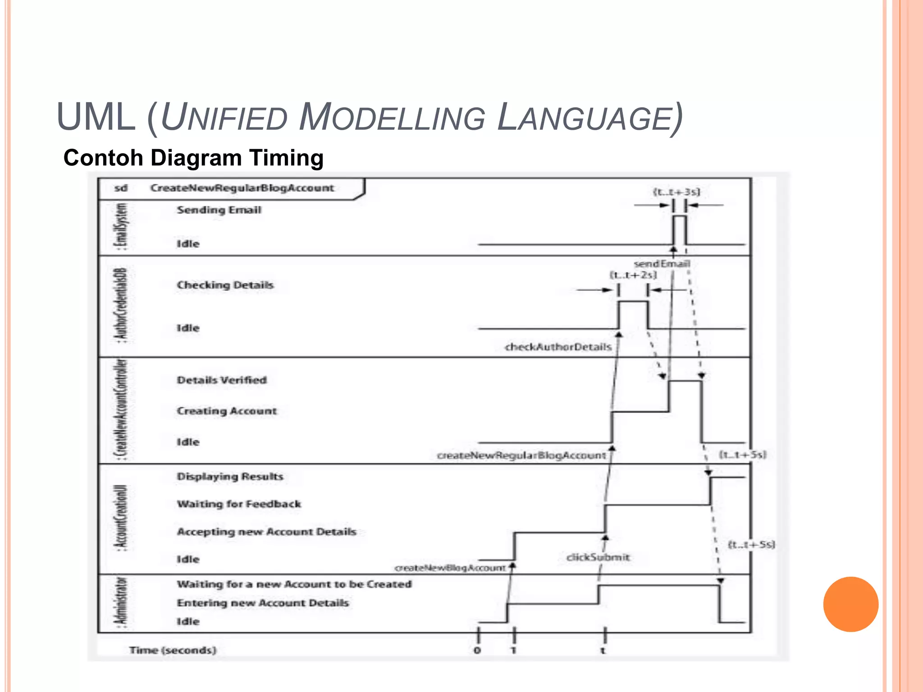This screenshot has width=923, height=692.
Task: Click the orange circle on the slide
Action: point(850,604)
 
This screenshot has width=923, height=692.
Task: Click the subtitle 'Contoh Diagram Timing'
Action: point(193,158)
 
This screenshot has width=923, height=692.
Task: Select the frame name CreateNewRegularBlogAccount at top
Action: point(242,188)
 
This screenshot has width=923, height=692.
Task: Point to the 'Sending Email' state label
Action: point(219,210)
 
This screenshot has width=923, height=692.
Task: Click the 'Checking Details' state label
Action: point(225,285)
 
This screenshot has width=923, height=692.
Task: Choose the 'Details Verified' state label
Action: point(222,380)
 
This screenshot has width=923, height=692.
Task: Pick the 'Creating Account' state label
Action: point(227,411)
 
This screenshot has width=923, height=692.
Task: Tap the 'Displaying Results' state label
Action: point(230,477)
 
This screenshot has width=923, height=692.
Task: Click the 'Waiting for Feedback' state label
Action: point(239,504)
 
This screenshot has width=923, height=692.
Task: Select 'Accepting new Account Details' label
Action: point(266,532)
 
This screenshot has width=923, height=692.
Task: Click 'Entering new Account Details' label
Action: point(263,603)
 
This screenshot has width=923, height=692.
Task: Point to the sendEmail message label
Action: point(662,264)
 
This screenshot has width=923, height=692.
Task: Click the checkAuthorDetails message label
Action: point(558,347)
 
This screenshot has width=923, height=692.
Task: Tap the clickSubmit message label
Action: point(598,557)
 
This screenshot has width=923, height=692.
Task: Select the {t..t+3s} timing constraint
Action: point(676,192)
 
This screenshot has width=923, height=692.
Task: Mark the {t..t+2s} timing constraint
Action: point(633,275)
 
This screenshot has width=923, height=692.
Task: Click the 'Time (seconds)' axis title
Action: point(173,650)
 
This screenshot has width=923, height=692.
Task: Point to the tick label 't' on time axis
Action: point(603,651)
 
